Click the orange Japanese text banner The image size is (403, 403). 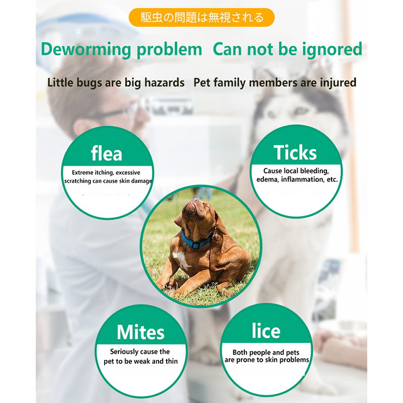point(201,18)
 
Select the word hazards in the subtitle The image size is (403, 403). point(164,83)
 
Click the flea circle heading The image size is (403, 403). point(106,153)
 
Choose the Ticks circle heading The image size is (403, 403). point(295,152)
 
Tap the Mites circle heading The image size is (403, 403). point(141,332)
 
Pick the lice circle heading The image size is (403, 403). point(265,330)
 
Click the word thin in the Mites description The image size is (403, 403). point(170,361)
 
